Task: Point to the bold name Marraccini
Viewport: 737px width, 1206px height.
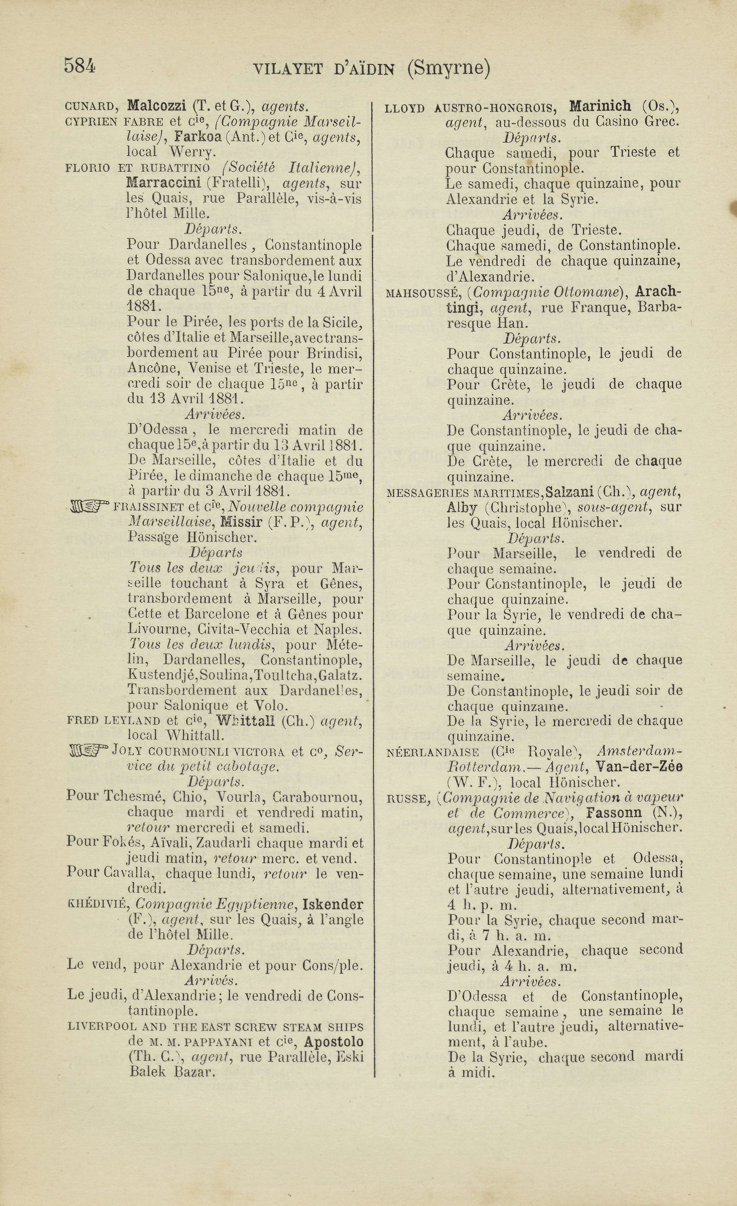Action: (x=164, y=183)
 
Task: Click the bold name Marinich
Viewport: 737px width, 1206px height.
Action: (x=600, y=106)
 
